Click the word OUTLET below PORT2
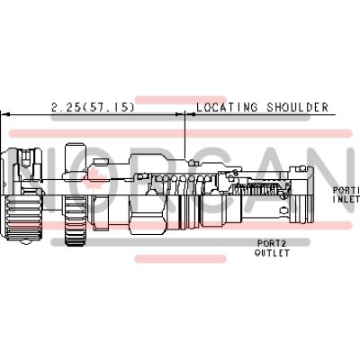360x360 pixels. coord(273,253)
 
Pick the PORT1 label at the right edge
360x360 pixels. coord(346,191)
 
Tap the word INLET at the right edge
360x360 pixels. coord(346,201)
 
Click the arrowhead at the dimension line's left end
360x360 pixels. coord(4,115)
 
